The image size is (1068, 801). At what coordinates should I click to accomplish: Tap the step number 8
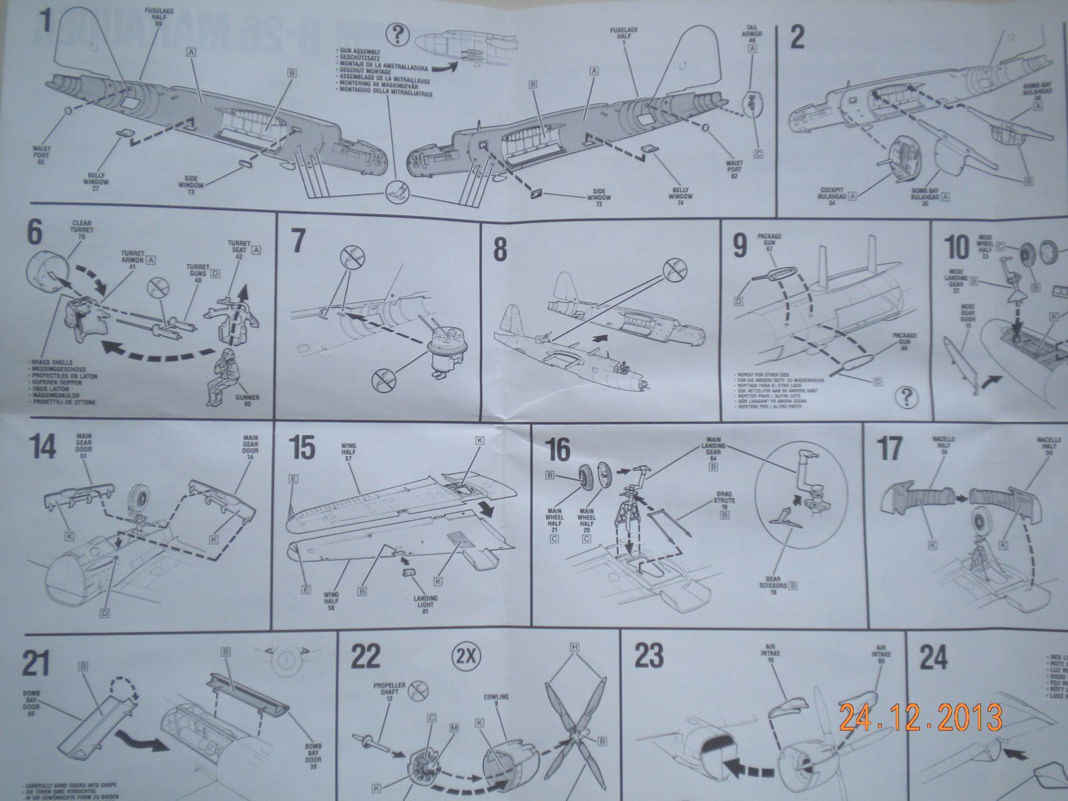[x=499, y=250]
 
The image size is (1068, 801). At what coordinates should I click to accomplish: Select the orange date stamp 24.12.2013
[x=920, y=717]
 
